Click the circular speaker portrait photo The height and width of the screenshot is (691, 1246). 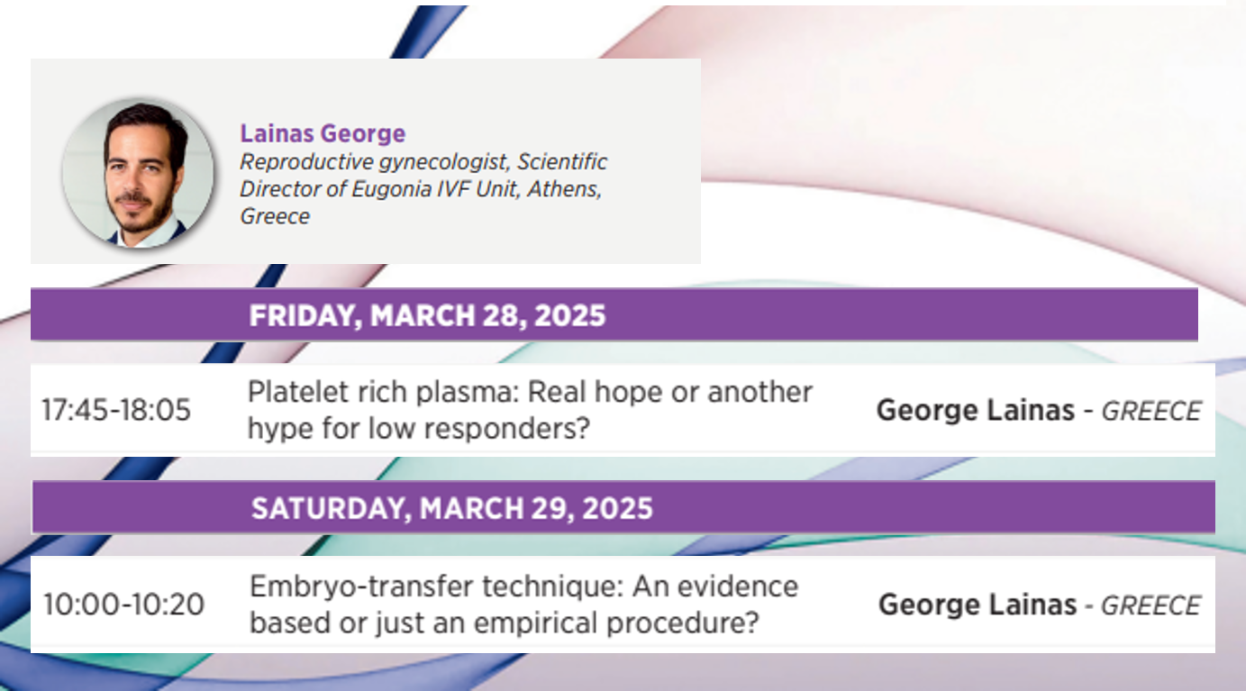point(138,172)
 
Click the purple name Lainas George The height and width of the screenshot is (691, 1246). point(323,133)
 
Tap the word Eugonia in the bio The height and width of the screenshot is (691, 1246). point(391,189)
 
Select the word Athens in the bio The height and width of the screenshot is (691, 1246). point(564,189)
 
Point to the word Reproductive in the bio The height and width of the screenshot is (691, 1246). point(306,162)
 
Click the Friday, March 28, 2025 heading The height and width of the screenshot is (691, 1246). point(427,315)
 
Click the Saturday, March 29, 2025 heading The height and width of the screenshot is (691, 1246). point(451,508)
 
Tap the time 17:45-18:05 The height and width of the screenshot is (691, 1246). point(116,410)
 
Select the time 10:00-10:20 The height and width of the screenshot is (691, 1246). point(123,605)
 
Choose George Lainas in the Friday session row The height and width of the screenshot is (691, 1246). point(976,411)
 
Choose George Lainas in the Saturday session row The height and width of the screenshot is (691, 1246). point(978,605)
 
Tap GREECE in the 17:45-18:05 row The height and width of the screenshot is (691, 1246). point(1151,412)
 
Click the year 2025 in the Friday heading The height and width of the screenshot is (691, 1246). point(569,315)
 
